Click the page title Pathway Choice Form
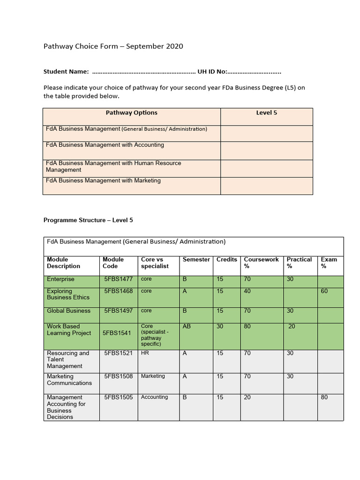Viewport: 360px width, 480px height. pos(113,46)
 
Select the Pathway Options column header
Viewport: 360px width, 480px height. pos(131,113)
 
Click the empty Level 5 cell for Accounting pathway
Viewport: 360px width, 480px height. pos(266,150)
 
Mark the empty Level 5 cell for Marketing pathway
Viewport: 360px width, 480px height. pos(266,186)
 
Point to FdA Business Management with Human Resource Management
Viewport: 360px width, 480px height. pos(113,166)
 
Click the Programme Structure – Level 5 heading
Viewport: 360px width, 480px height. pos(88,220)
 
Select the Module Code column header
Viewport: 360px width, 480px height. pos(113,262)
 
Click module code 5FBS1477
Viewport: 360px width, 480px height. pos(119,279)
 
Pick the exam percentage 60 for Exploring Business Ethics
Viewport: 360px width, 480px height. pos(324,292)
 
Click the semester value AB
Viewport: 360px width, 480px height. pos(187,326)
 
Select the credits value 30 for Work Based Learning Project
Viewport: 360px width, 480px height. pos(220,326)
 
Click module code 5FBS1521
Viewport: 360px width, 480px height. pos(119,353)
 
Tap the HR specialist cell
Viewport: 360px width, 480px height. pos(145,353)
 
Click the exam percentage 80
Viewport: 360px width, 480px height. pos(324,397)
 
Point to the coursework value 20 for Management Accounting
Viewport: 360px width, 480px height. pos(247,397)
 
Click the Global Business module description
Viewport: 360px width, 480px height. pos(68,311)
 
